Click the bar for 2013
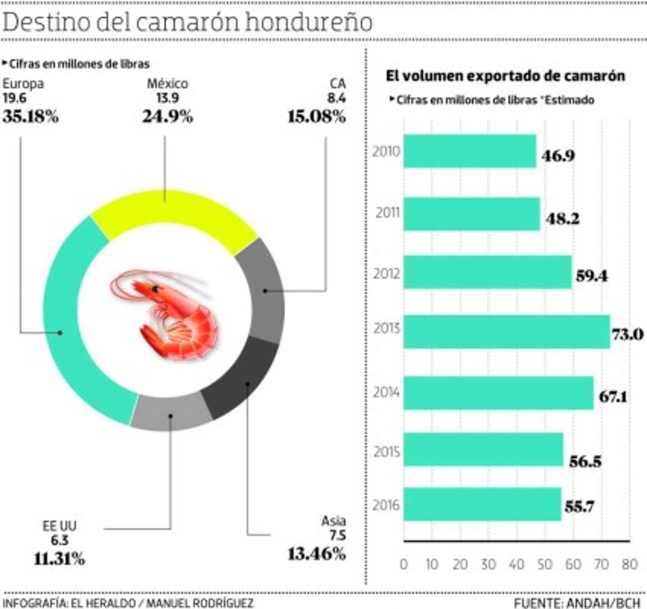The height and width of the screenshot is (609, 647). click(506, 332)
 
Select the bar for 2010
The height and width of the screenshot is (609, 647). click(470, 151)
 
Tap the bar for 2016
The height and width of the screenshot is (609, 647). click(482, 504)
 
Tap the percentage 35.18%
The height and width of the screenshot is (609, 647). click(30, 116)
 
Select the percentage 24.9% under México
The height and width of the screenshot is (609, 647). click(167, 116)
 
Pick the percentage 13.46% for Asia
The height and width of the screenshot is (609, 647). click(317, 554)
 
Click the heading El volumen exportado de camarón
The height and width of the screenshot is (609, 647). click(505, 76)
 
